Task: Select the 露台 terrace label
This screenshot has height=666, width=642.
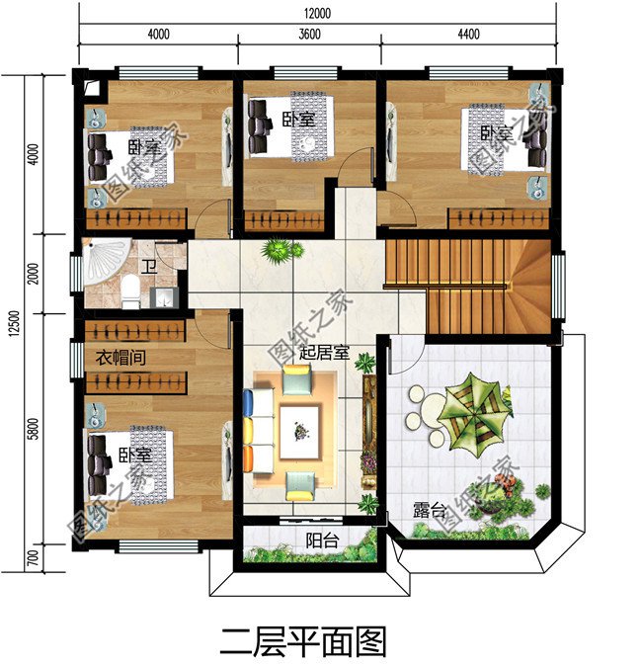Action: tap(429, 511)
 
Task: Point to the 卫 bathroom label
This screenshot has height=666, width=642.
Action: tap(149, 266)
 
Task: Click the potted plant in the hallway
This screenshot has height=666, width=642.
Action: tap(281, 249)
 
